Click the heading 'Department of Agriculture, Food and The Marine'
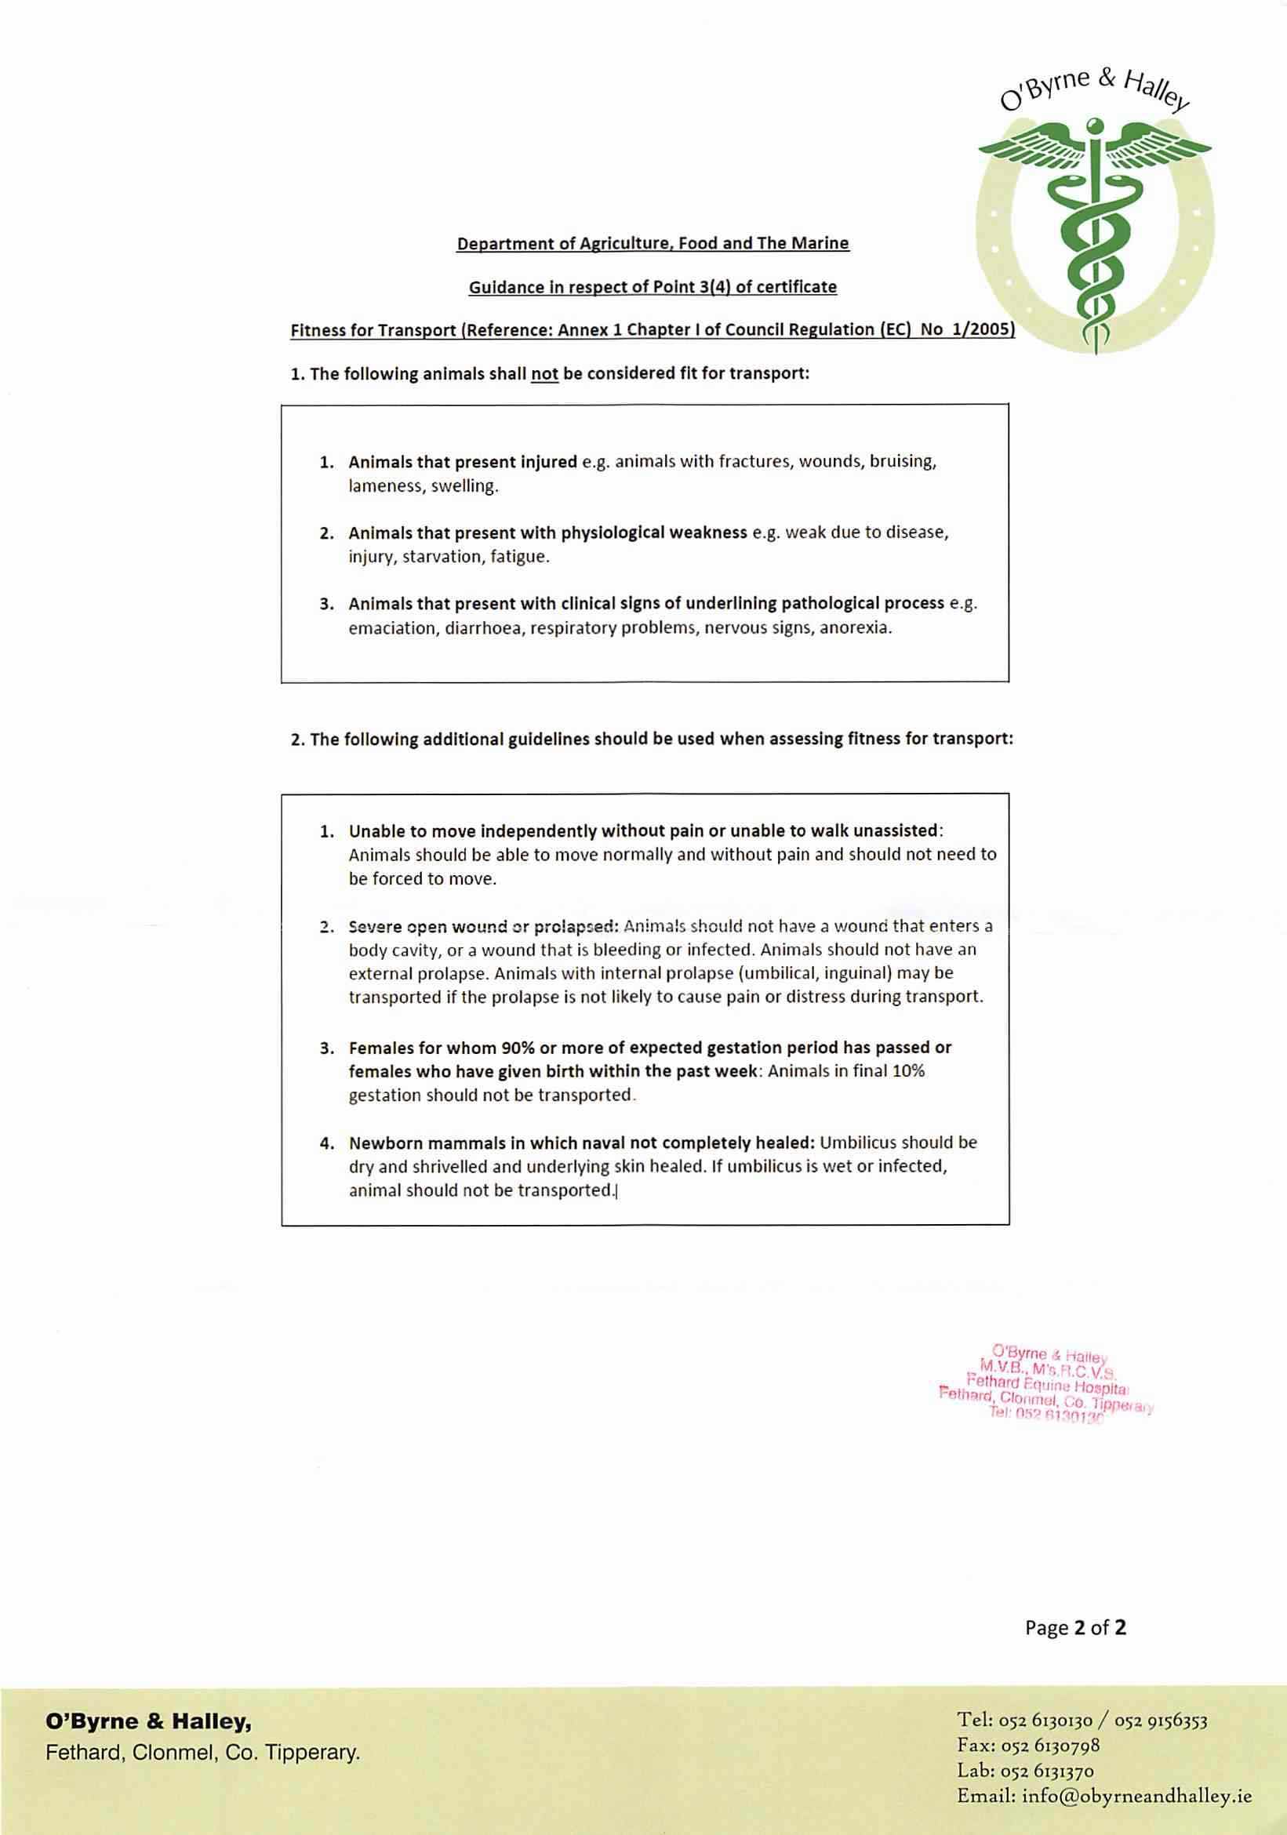653,243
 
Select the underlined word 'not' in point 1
544,374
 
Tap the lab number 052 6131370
1048,1770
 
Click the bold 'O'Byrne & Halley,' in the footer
149,1721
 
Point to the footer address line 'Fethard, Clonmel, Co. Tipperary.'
203,1753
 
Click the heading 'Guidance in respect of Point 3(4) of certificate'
653,287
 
